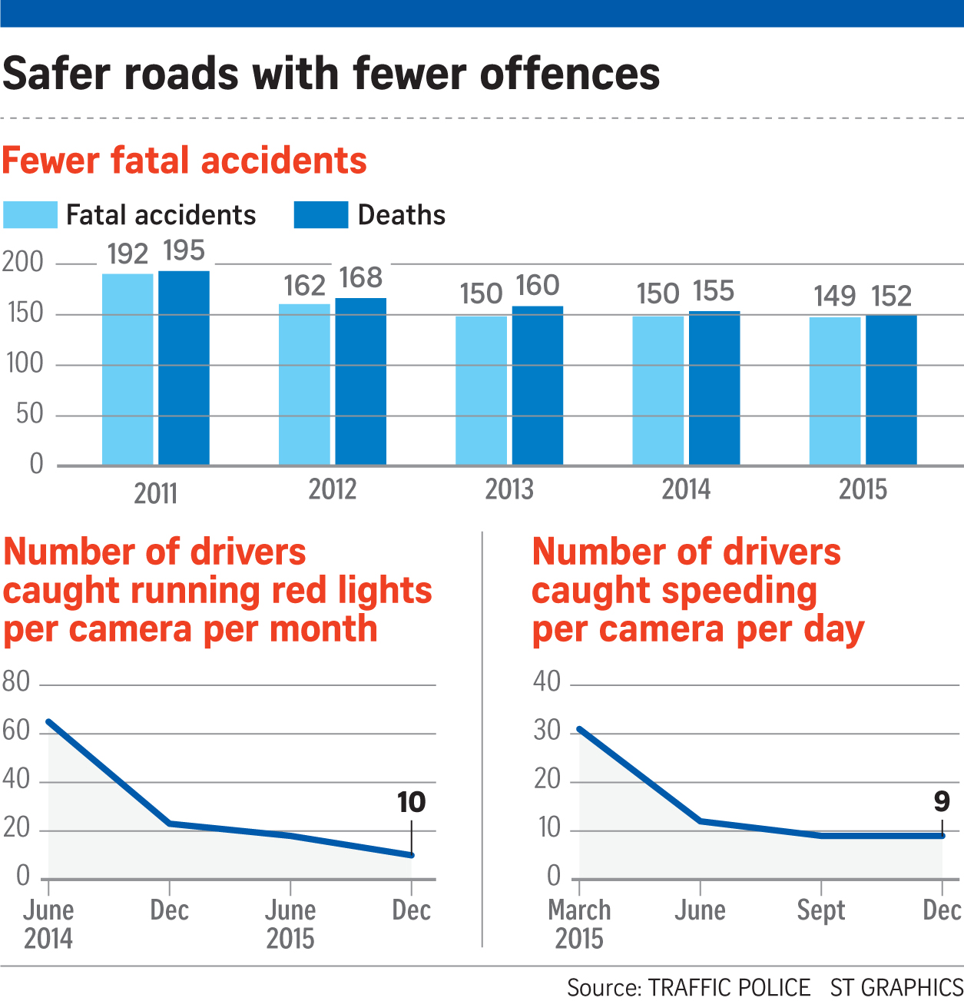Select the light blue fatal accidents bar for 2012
[304, 384]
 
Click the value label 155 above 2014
[714, 292]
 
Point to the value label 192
[128, 254]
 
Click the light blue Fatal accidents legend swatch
[31, 215]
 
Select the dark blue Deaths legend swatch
[321, 215]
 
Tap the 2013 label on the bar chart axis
[509, 490]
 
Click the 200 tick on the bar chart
[23, 263]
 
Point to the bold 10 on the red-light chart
[411, 803]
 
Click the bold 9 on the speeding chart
[942, 802]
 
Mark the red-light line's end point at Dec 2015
[412, 855]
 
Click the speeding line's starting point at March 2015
[580, 728]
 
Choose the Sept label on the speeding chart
[820, 910]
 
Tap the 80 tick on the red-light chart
[16, 682]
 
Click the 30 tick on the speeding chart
[548, 731]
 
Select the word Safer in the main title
[58, 75]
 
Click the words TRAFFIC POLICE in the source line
[729, 987]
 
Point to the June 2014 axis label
[48, 924]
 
